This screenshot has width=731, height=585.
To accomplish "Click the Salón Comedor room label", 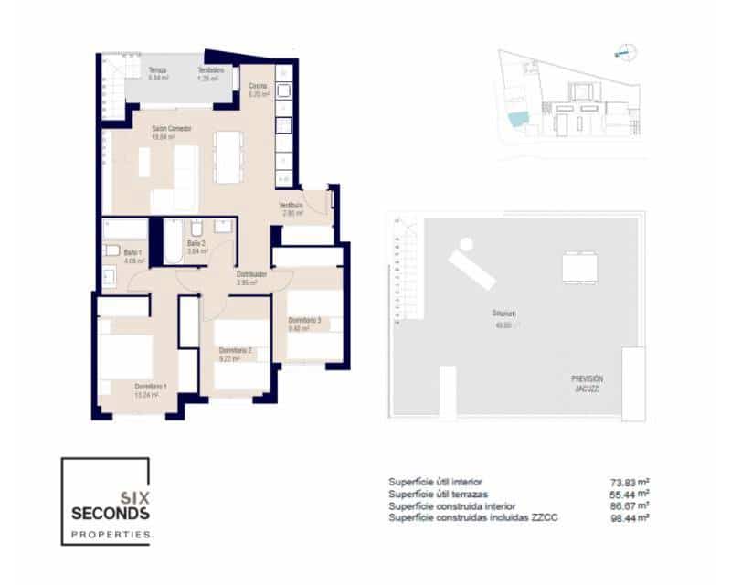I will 172,128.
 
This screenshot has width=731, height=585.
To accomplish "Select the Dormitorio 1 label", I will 151,386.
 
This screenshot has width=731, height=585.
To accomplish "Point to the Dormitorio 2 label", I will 235,350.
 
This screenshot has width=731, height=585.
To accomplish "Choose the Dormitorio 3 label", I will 304,320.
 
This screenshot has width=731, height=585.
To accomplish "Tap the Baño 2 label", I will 196,243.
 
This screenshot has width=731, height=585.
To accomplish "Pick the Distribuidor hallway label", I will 251,273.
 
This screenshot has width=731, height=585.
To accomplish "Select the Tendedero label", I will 211,69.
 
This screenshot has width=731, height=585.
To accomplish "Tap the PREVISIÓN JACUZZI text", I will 588,384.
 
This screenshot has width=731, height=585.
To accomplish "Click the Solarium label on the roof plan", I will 504,314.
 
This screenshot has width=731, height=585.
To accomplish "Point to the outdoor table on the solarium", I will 579,268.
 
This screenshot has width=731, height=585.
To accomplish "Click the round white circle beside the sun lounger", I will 466,244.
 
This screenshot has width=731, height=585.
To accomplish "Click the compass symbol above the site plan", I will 625,52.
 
